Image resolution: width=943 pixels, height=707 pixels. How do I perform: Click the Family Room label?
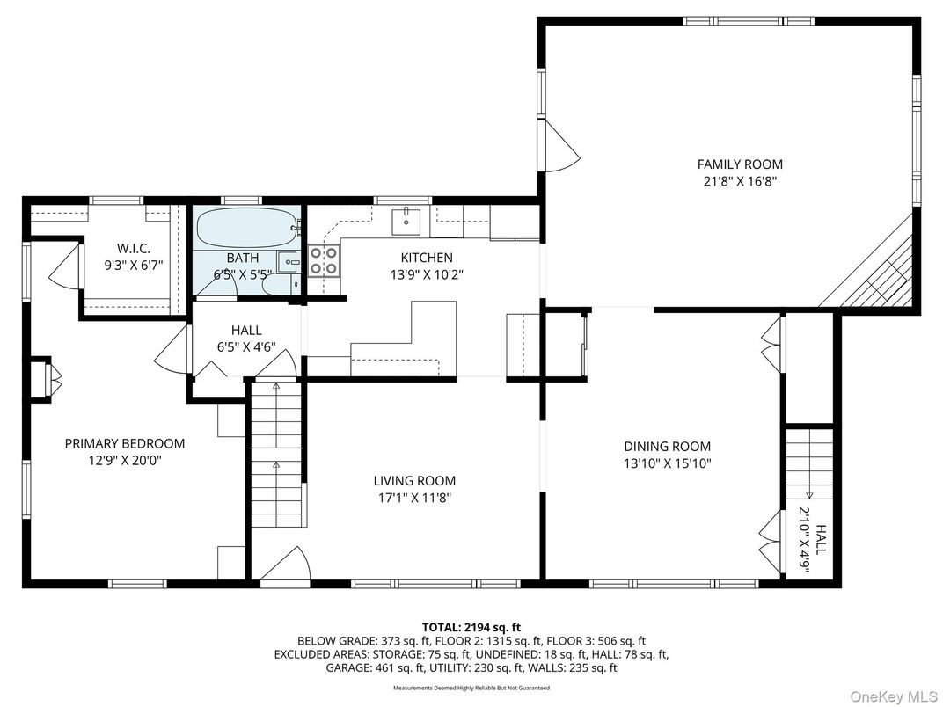739,164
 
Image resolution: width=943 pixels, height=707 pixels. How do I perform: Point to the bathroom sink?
288,262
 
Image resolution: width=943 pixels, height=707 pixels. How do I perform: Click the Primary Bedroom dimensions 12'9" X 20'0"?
124,460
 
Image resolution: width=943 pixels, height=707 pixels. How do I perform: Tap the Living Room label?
414,481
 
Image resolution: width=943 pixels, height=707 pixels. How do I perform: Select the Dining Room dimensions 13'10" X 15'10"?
667,463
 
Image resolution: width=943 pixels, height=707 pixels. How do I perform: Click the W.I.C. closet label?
134,248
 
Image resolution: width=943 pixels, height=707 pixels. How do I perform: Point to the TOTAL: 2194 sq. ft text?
471,627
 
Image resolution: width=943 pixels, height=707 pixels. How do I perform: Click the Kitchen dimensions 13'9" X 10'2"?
427,274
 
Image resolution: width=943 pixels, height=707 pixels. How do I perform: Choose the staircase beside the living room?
276,457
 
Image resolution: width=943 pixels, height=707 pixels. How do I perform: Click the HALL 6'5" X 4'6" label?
246,339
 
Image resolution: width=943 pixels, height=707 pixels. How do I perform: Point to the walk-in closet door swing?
63,267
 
